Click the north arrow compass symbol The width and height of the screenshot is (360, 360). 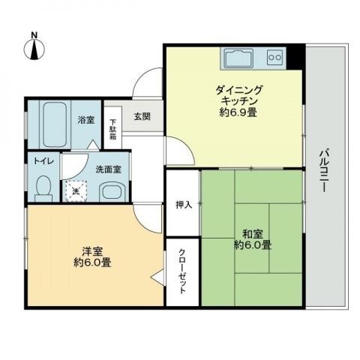(x=34, y=47)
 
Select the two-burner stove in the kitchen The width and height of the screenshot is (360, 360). (x=274, y=57)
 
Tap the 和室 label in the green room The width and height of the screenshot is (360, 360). (x=252, y=233)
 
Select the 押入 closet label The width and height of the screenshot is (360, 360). (x=182, y=205)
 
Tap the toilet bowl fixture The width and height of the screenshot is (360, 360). (x=43, y=187)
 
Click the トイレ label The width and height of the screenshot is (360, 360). (x=40, y=160)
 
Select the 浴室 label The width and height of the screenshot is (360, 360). (x=85, y=119)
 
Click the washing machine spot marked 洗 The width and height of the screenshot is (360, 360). (x=75, y=191)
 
